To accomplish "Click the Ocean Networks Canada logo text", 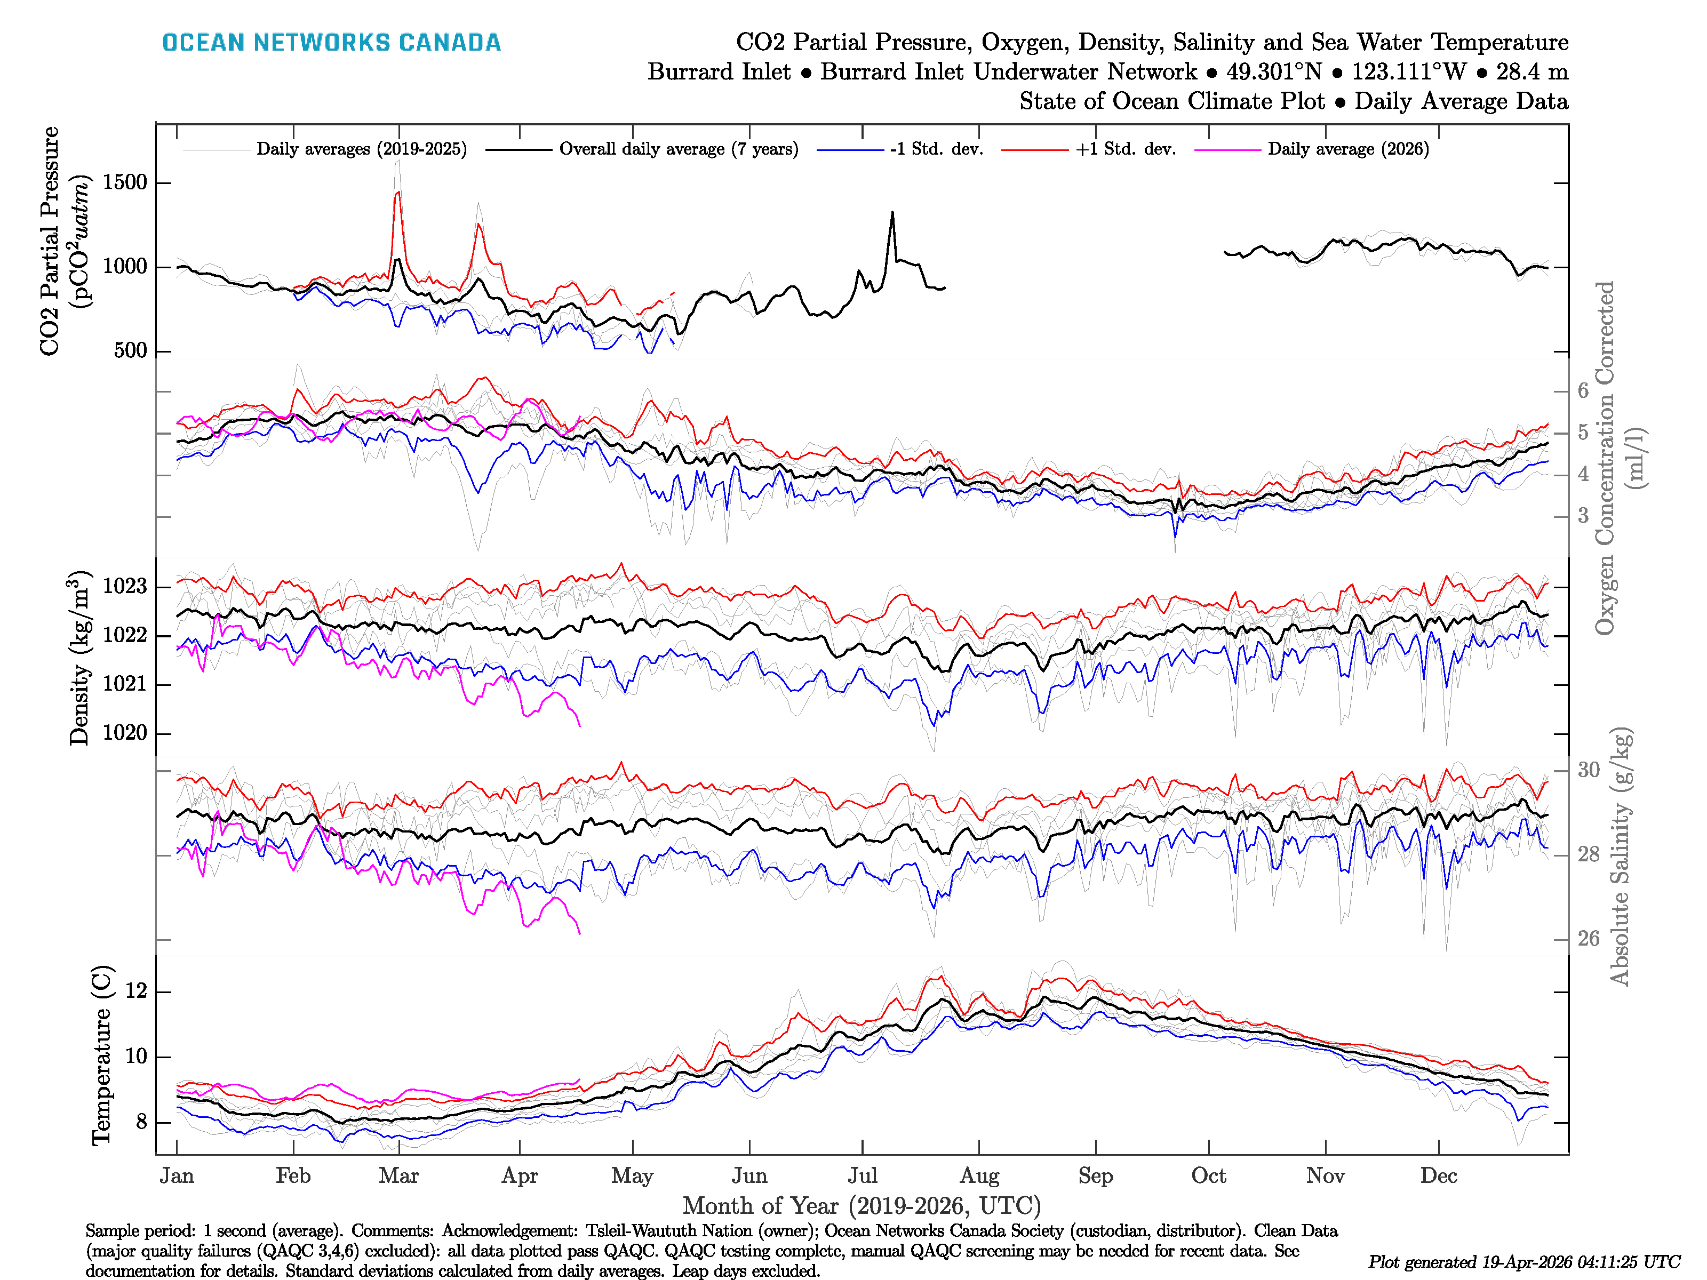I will [x=331, y=43].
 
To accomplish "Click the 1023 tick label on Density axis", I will [x=124, y=586].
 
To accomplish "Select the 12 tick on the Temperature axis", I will [x=136, y=991].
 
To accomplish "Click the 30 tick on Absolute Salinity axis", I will [x=1588, y=770].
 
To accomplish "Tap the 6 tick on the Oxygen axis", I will [x=1583, y=390].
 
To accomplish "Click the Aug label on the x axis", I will [x=979, y=1176].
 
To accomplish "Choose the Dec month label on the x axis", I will [x=1439, y=1176].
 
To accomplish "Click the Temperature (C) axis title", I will [x=101, y=1055].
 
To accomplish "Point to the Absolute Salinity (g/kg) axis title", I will [x=1620, y=857].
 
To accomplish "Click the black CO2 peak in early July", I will [x=893, y=212].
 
